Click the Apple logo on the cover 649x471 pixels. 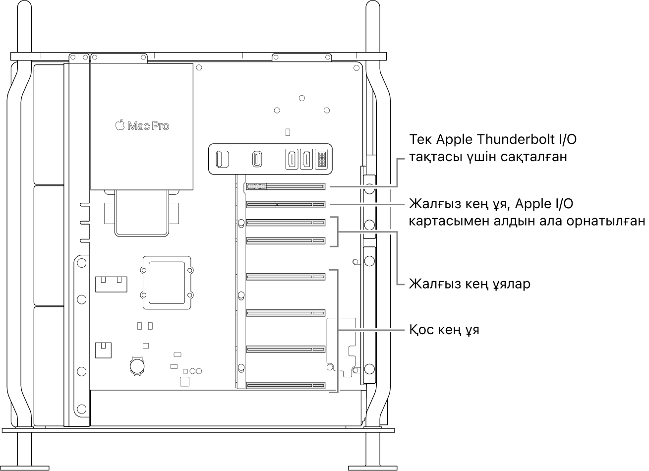click(119, 125)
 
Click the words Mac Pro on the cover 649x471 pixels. click(148, 126)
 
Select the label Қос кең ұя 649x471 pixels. click(444, 330)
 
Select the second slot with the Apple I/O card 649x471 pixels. click(285, 204)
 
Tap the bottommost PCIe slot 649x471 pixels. click(285, 385)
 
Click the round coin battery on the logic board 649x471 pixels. click(137, 366)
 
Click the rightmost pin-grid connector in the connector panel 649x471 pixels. click(322, 159)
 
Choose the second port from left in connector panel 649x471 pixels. click(258, 159)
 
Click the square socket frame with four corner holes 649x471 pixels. click(167, 282)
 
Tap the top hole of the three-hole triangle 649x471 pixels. click(302, 98)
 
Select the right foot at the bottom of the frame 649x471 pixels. click(372, 467)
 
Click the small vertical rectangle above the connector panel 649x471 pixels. click(289, 132)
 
